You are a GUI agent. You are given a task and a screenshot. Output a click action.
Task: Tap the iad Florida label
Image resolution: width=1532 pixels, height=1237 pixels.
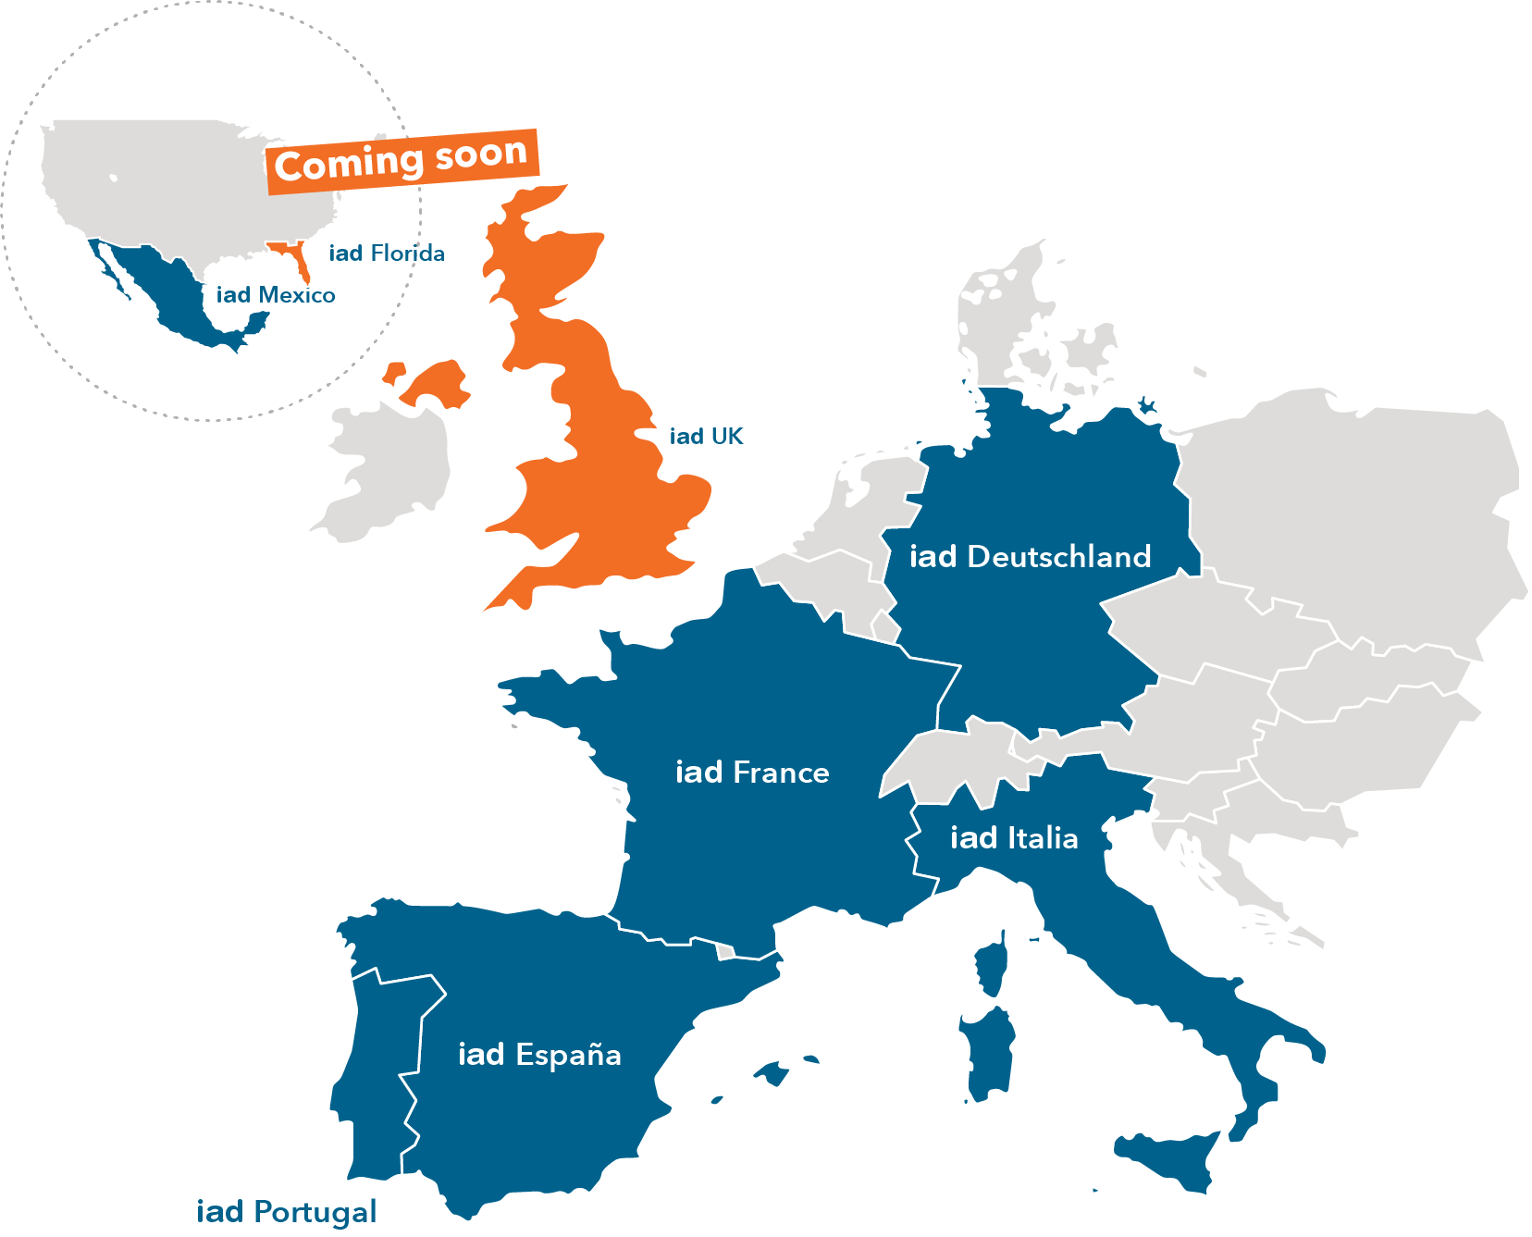coord(387,254)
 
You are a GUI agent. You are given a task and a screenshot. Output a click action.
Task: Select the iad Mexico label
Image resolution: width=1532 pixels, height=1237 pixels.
coord(276,295)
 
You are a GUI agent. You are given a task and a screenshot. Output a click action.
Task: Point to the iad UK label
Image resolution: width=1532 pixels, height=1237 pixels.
coord(706,437)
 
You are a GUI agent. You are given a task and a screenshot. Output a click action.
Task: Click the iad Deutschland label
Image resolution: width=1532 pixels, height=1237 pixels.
coord(1030,557)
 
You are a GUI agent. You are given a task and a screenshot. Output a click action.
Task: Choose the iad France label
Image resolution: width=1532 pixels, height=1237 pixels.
coord(752,773)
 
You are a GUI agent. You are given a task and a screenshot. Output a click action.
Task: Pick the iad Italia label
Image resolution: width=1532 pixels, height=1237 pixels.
coord(1014,838)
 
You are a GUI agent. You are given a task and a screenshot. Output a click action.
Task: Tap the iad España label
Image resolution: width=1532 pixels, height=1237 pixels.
coord(539,1055)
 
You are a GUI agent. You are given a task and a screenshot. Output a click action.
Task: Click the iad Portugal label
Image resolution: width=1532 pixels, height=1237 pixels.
coord(287,1212)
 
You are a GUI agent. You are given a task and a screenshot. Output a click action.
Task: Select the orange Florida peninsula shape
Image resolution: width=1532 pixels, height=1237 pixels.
coord(298,259)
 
